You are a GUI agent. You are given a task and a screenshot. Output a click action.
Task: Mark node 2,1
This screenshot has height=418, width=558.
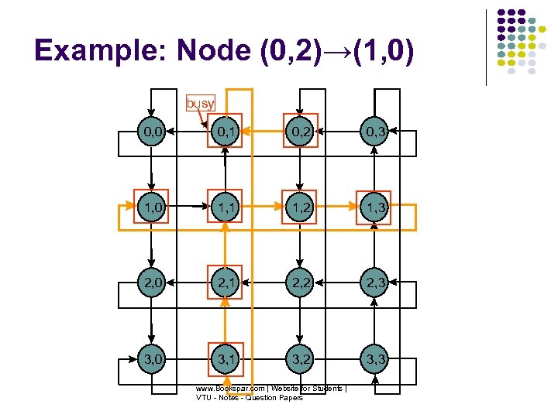(x=226, y=283)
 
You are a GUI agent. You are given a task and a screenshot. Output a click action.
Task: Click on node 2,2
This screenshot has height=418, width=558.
(x=300, y=283)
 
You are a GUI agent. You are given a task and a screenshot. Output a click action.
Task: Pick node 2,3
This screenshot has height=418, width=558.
(x=374, y=283)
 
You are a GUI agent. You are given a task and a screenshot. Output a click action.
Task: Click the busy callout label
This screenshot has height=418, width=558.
(x=200, y=103)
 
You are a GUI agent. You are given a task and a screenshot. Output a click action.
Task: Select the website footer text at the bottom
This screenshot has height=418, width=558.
(x=270, y=392)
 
